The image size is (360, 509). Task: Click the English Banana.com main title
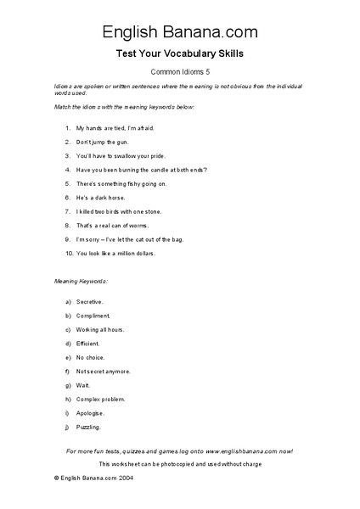(180, 32)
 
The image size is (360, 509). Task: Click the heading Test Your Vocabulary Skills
(180, 53)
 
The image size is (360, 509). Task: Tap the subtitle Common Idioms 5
(180, 73)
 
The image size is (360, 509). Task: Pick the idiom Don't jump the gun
(106, 142)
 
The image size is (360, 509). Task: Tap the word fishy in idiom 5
(136, 184)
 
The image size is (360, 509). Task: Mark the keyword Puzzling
(88, 427)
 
